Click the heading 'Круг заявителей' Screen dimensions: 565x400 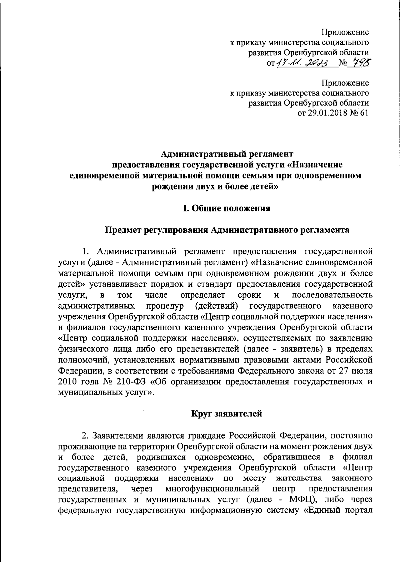pyautogui.click(x=227, y=414)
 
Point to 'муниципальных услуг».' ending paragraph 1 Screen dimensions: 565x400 pyautogui.click(x=106, y=392)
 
